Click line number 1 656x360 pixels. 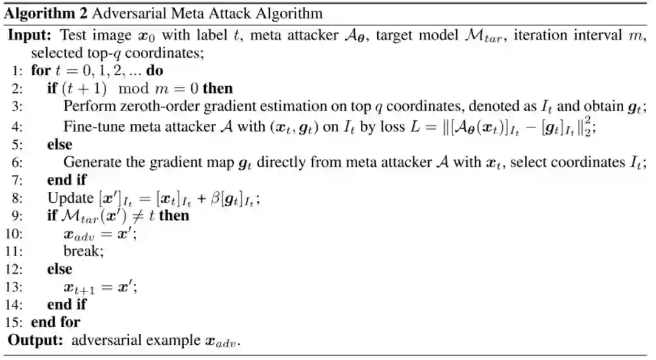pyautogui.click(x=18, y=70)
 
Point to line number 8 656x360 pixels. pyautogui.click(x=17, y=198)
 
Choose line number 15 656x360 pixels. pyautogui.click(x=16, y=321)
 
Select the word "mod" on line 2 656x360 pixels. pyautogui.click(x=129, y=89)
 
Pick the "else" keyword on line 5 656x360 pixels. pyautogui.click(x=59, y=144)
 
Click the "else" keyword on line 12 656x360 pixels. pyautogui.click(x=59, y=269)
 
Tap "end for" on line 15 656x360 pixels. pyautogui.click(x=55, y=322)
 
